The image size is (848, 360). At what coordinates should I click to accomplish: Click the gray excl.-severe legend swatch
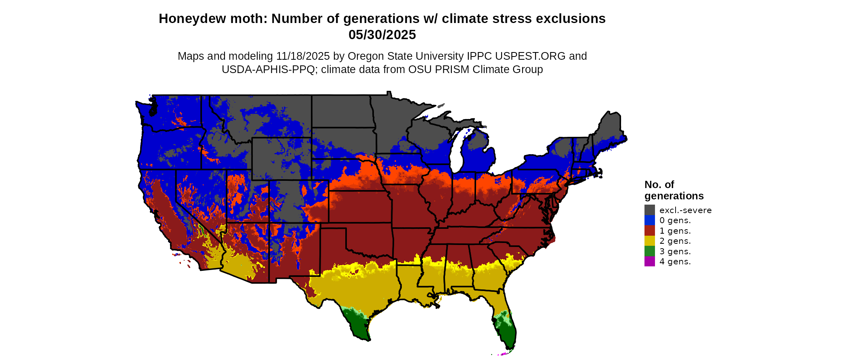[x=649, y=210]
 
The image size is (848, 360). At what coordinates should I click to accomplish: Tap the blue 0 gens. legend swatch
[x=649, y=220]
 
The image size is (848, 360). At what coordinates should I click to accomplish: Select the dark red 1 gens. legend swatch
[x=649, y=231]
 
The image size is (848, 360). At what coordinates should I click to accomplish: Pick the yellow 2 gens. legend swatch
[x=649, y=241]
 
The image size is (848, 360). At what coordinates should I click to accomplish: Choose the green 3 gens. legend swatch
[x=649, y=251]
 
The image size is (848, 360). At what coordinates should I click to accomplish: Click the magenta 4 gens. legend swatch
[x=649, y=262]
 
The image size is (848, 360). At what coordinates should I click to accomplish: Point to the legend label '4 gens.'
[x=675, y=262]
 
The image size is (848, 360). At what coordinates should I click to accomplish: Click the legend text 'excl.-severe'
[x=685, y=210]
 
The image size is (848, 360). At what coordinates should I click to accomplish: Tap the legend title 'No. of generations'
[x=674, y=190]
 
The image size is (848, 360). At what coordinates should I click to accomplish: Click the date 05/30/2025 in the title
[x=382, y=35]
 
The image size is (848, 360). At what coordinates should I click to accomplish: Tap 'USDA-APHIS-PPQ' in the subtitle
[x=268, y=69]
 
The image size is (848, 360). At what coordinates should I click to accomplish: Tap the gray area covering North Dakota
[x=341, y=111]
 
